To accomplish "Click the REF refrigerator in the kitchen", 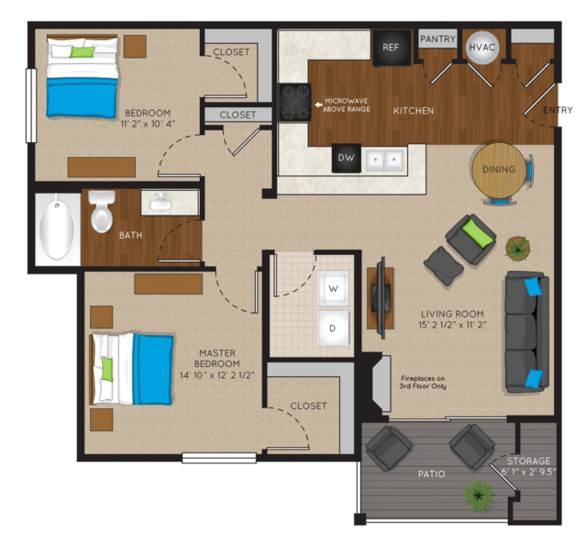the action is [392, 48].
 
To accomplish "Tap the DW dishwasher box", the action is [346, 158].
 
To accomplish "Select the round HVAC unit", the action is [482, 47].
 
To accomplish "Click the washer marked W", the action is [333, 288].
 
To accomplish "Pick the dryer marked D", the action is [333, 328].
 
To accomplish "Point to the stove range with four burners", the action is [294, 102].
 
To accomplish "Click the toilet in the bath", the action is [102, 210].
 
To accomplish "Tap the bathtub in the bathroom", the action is [57, 228].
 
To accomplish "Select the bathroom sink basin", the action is [161, 204].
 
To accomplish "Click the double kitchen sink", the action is [384, 160].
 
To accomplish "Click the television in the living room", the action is [381, 298].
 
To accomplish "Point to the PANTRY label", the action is [437, 39].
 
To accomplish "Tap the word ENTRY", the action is [558, 110].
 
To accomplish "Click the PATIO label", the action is [432, 474].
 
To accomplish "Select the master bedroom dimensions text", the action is [217, 375].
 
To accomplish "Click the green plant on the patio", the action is [479, 496].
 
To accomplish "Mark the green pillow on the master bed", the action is [107, 369].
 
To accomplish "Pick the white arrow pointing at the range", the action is [318, 106].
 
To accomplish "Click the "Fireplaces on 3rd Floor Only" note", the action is [423, 382].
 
